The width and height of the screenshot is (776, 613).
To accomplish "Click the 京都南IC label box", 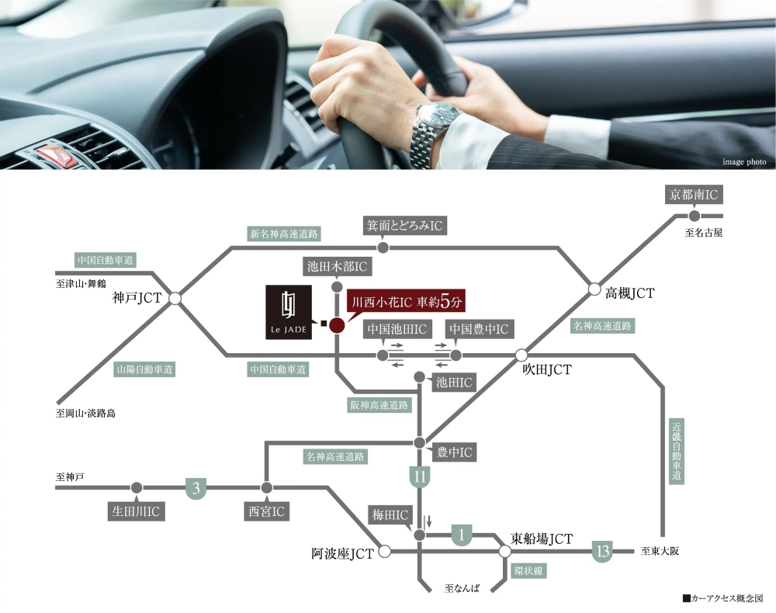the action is tap(694, 195).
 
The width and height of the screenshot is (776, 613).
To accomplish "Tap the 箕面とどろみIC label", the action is tap(404, 226).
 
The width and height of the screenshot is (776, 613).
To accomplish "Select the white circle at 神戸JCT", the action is tap(175, 299).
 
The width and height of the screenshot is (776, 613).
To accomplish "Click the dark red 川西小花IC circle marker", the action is tap(337, 325).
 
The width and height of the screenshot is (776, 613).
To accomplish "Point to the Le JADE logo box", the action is tap(289, 312).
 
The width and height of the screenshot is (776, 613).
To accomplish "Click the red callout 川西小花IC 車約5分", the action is tap(407, 302).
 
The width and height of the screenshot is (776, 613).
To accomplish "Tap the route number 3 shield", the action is tap(196, 489).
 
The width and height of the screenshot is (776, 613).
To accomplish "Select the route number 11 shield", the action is tap(420, 476).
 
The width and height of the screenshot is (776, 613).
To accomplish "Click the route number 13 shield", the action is tap(602, 551).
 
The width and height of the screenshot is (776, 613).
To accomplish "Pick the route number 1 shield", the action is tap(462, 535).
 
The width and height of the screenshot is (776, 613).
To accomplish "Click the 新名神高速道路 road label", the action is tap(284, 234).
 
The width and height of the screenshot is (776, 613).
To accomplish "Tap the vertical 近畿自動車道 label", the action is tap(677, 451).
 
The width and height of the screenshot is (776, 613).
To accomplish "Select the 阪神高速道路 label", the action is tap(379, 405).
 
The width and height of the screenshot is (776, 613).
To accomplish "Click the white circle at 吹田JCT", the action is tap(521, 355).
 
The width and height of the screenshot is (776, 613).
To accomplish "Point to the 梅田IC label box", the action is tap(390, 515).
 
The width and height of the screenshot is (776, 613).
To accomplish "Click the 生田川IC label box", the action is tap(136, 511).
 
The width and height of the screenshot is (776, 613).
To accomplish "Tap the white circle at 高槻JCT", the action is tap(594, 289).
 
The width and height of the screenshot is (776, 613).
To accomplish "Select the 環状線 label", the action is tap(528, 571).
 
